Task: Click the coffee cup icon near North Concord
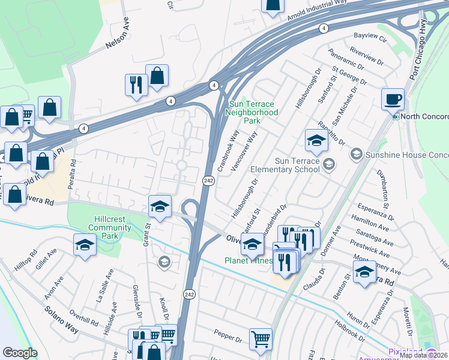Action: click(x=393, y=99)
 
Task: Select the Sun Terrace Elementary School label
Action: click(x=297, y=165)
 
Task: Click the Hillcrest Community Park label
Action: click(x=109, y=224)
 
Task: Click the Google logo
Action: click(x=20, y=353)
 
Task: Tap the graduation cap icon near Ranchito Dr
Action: click(x=316, y=141)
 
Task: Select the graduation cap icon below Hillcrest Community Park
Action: click(x=85, y=245)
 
